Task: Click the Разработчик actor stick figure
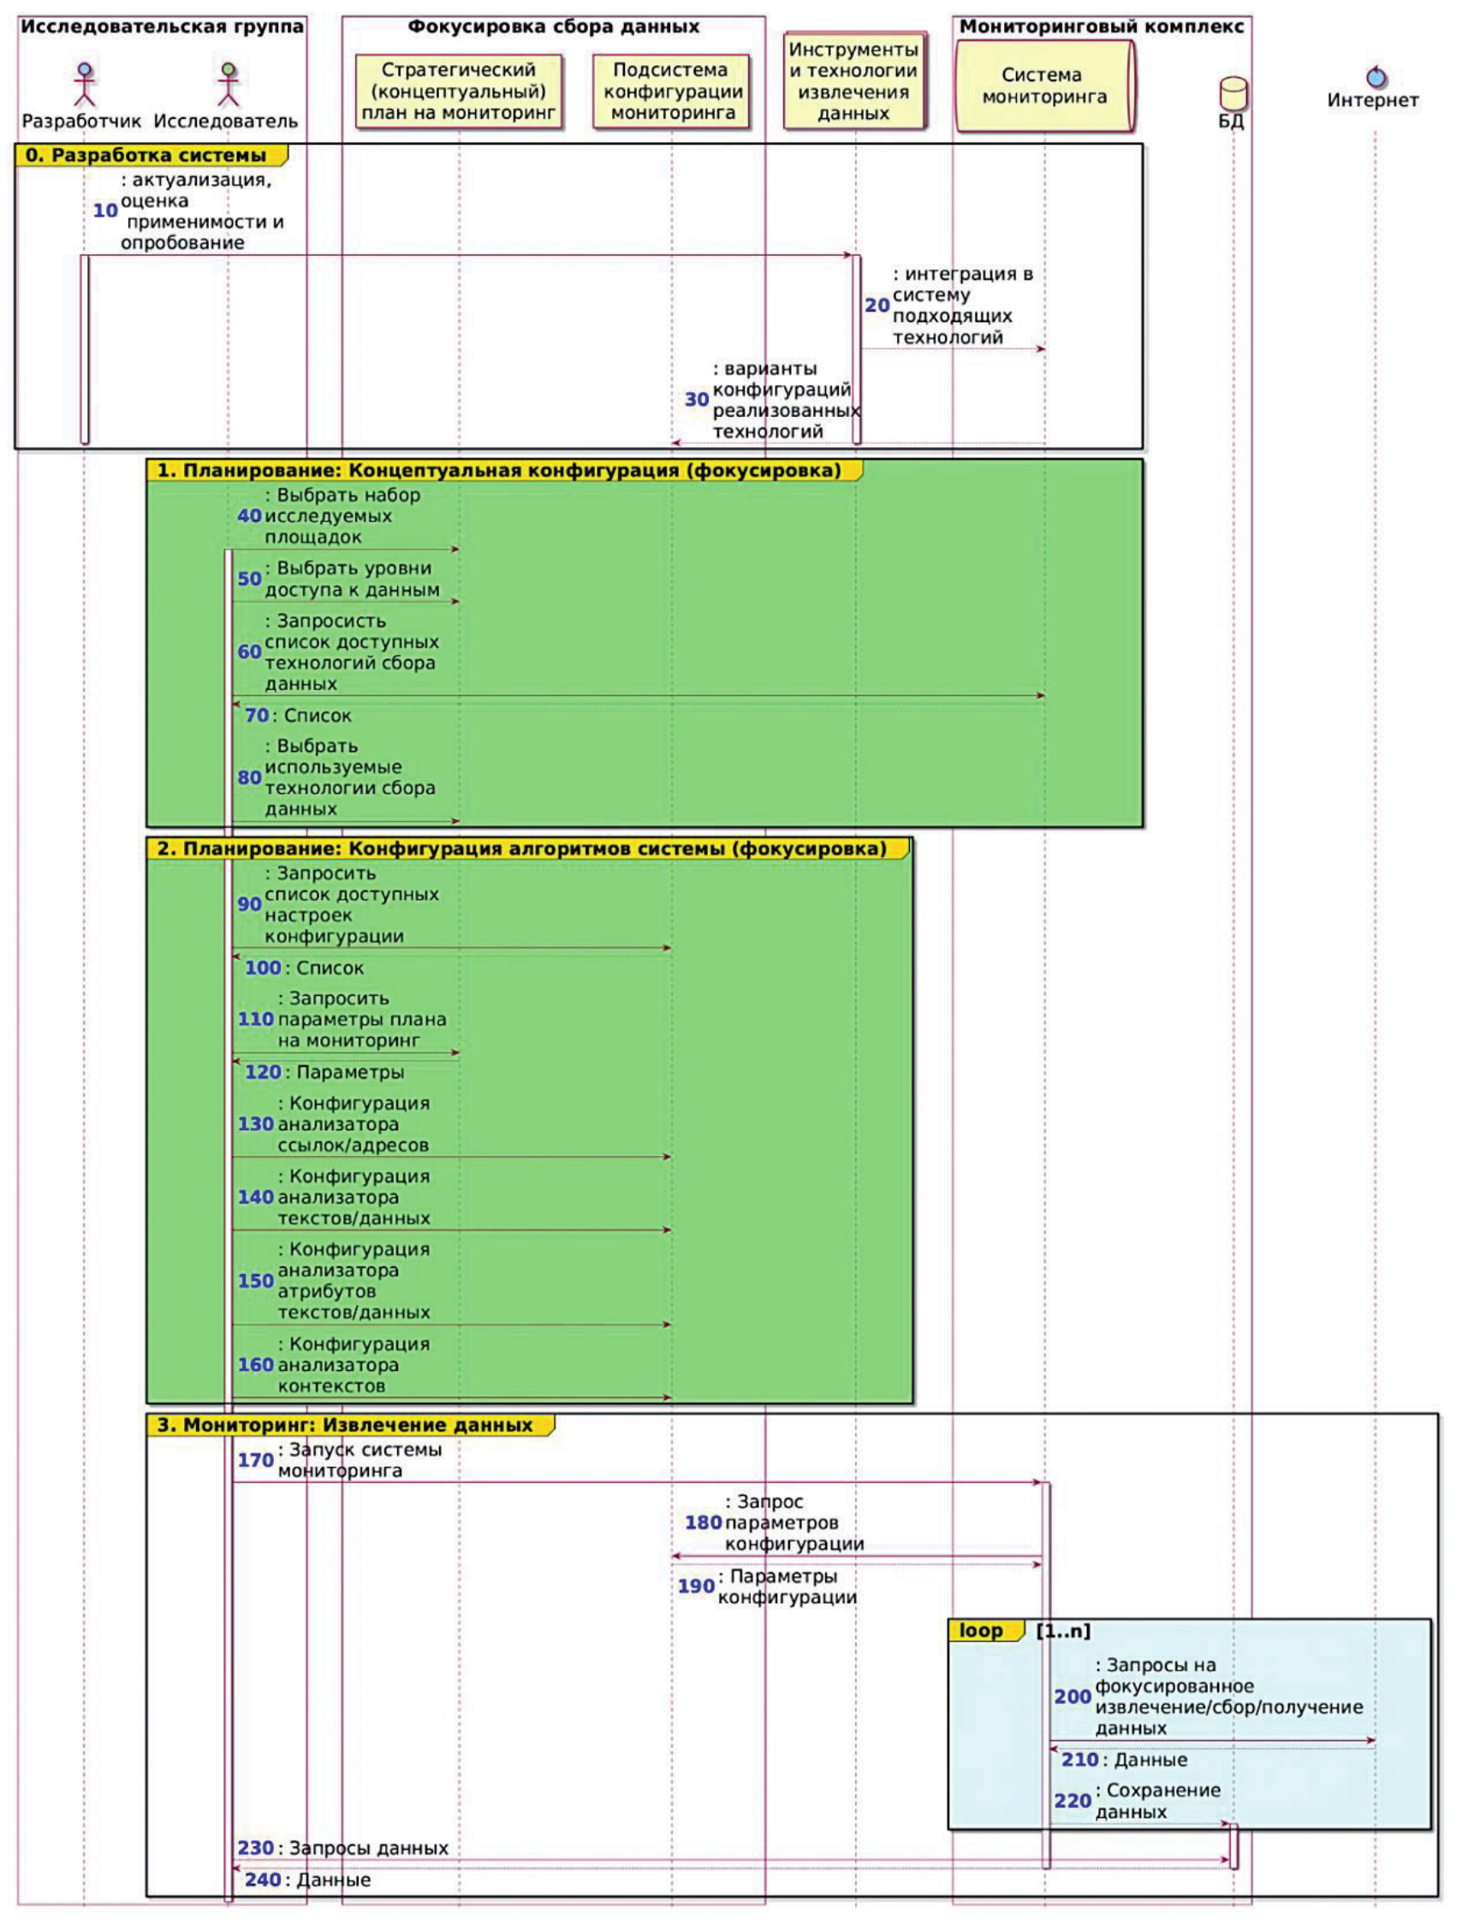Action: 84,84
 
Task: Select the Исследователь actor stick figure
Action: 228,84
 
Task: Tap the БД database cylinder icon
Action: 1233,93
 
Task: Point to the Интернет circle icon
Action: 1376,77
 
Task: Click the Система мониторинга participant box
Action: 1044,86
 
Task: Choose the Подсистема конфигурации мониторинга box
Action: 671,92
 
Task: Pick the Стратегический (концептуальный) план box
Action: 458,92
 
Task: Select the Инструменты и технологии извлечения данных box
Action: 853,81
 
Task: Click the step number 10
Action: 105,211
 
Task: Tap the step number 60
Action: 249,652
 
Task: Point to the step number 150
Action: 256,1281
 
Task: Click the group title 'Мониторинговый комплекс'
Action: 1102,27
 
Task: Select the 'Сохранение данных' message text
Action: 1156,1801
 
